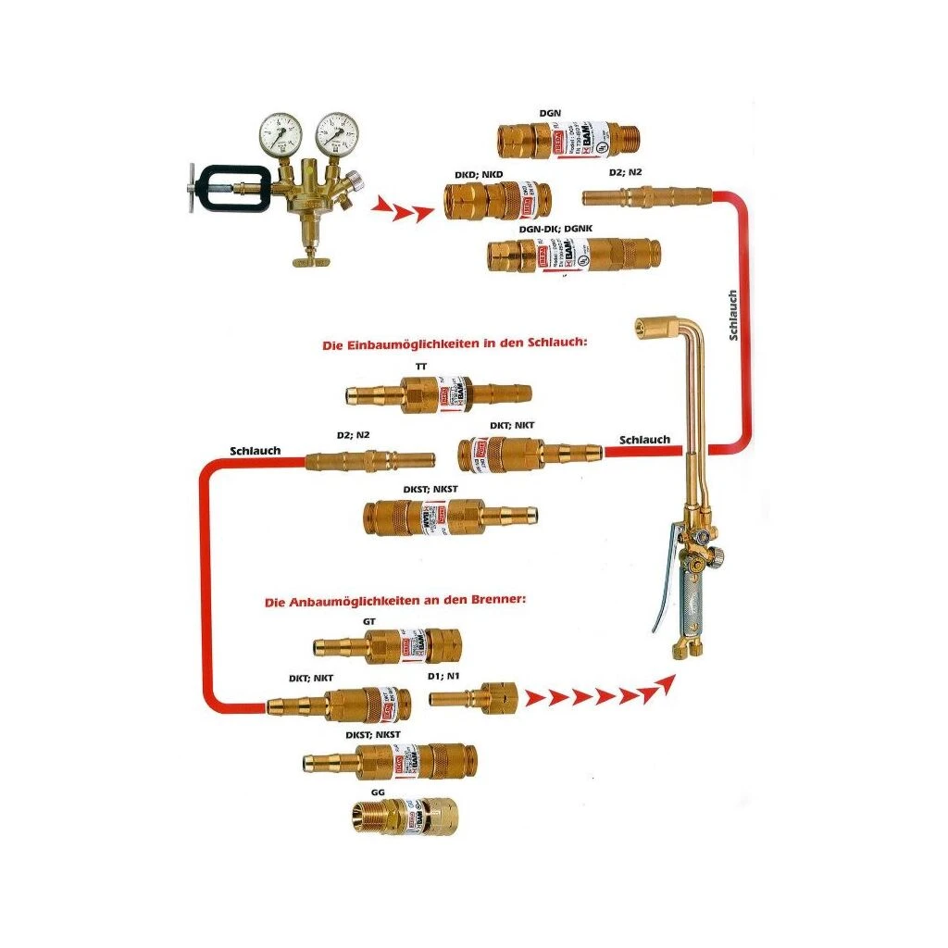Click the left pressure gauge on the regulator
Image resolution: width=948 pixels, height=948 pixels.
pos(280,134)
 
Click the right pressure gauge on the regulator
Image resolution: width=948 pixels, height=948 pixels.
pos(336,134)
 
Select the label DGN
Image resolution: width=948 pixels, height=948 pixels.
pos(551,113)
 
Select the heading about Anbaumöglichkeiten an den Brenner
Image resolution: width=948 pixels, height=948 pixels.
pos(395,601)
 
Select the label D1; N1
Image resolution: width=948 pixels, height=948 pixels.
pos(445,677)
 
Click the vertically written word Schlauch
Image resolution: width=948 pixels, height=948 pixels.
pos(733,316)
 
